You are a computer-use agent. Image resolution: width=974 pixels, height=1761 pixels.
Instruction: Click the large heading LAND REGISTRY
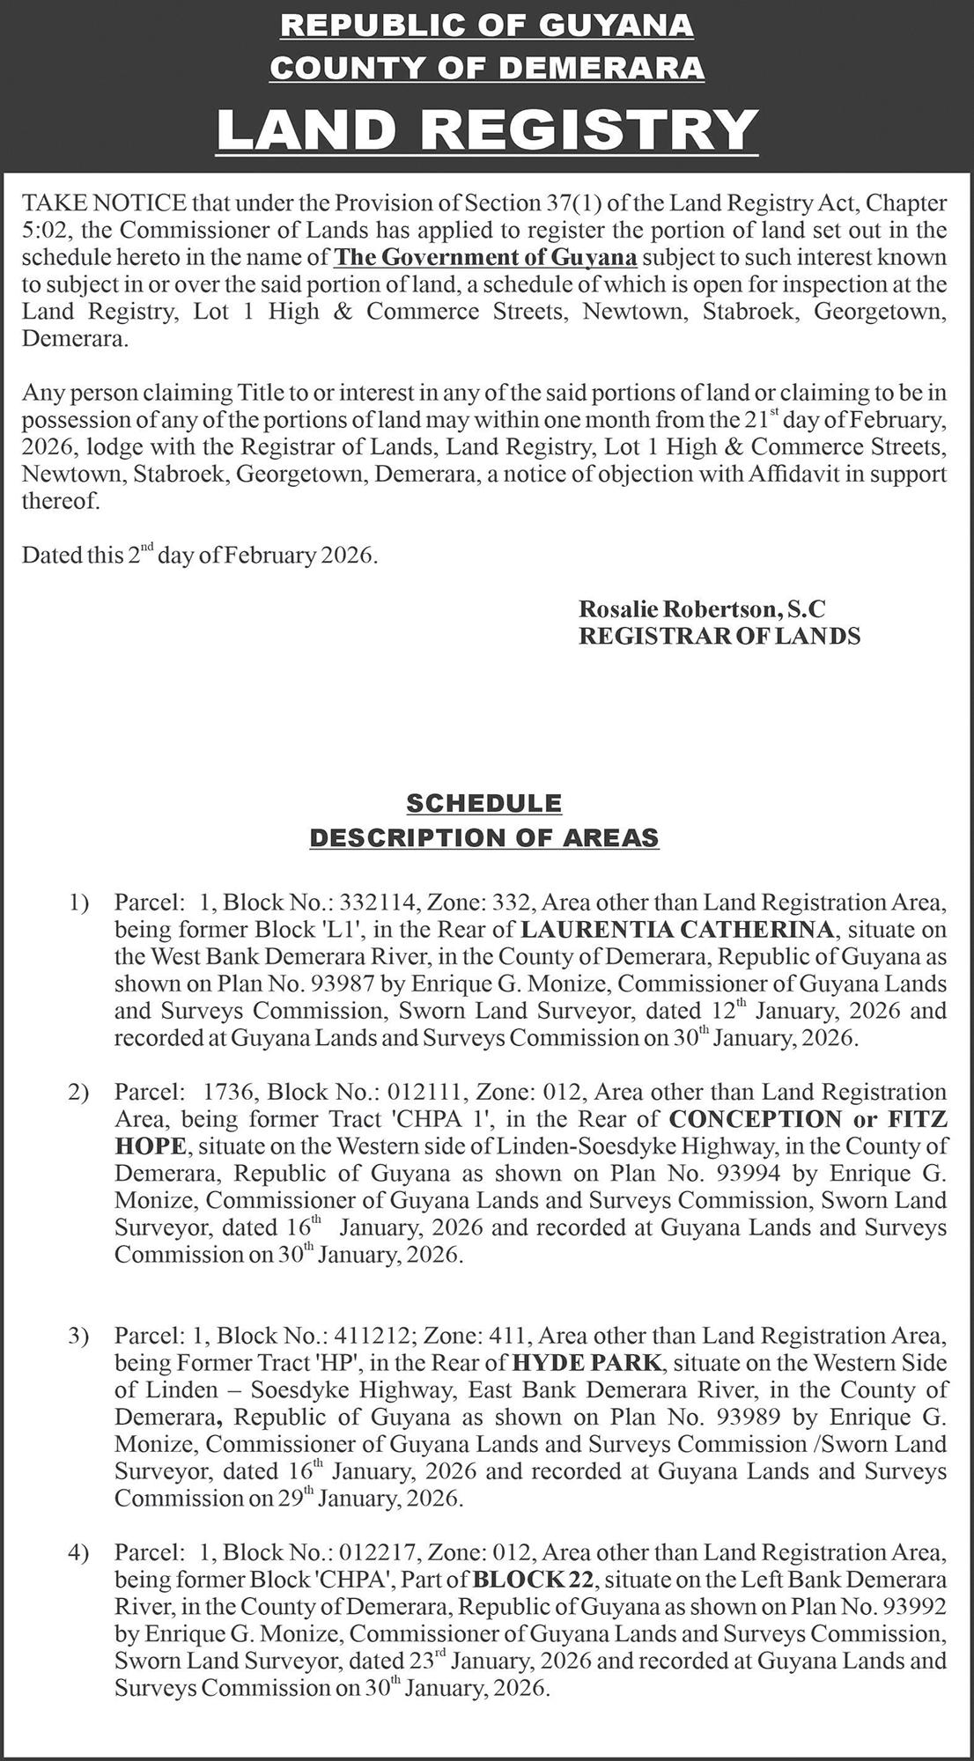(487, 129)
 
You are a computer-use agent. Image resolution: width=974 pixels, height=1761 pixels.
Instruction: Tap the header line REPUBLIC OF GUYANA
(487, 26)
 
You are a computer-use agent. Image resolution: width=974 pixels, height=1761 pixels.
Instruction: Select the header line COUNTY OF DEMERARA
(487, 68)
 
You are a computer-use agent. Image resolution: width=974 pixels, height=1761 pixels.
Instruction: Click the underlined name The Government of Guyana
(486, 258)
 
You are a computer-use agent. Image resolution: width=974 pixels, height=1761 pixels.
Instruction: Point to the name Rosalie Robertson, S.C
(702, 608)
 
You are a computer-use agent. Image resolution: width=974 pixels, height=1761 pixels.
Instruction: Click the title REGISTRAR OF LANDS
(719, 635)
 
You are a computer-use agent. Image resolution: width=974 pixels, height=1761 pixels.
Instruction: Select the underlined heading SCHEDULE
(483, 803)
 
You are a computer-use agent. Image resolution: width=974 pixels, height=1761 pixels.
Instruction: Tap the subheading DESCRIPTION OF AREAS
(483, 837)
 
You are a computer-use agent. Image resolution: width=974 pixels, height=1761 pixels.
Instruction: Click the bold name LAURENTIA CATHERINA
(676, 929)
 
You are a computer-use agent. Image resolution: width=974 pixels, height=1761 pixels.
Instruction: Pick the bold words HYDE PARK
(586, 1363)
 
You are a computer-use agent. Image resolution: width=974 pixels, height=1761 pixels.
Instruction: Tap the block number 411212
(375, 1336)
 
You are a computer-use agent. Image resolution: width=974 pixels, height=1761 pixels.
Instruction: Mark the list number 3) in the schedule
(79, 1336)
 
